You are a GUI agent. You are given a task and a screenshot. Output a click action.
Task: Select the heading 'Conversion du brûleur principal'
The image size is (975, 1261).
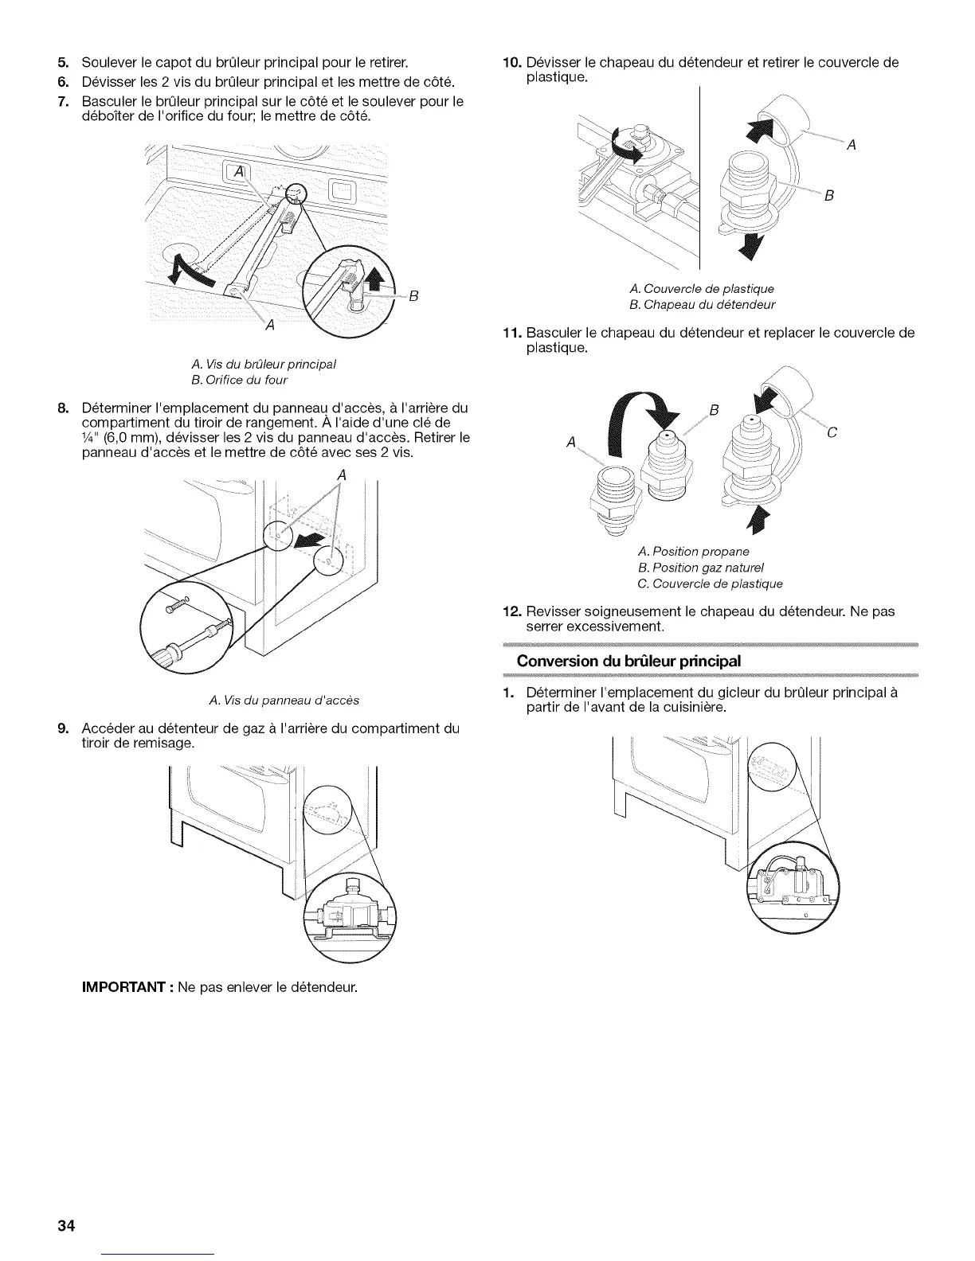click(628, 661)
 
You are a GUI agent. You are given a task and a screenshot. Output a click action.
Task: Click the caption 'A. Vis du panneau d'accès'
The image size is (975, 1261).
click(284, 701)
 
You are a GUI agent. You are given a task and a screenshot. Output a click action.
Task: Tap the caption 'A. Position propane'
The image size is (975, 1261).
click(693, 551)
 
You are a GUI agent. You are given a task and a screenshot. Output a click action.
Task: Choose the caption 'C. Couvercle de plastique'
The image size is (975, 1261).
click(711, 584)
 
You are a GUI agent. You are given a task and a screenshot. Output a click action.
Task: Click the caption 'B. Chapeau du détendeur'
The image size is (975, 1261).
click(701, 304)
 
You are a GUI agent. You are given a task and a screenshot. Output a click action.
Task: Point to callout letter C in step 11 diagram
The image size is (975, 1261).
click(832, 434)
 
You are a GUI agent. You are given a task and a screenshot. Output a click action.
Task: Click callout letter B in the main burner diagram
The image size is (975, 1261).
click(413, 299)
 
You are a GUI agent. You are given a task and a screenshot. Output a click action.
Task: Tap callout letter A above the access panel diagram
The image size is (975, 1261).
click(342, 474)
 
